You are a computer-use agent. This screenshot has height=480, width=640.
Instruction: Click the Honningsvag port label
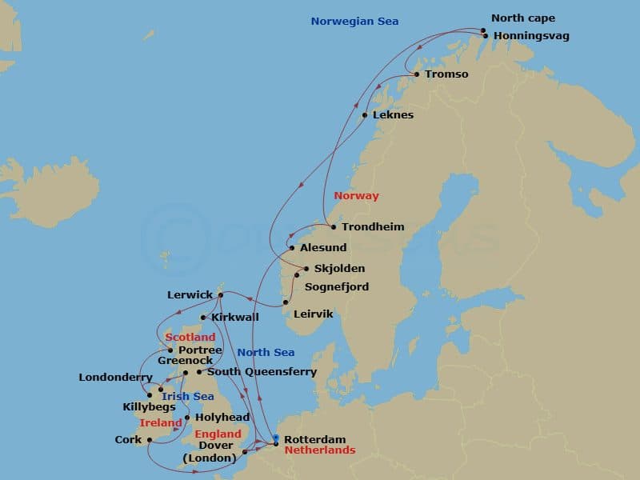click(531, 36)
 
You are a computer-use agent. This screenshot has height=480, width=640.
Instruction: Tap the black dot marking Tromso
click(416, 74)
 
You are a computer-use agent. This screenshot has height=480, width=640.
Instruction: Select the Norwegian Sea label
click(354, 22)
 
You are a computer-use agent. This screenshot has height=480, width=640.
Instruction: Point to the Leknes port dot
click(365, 115)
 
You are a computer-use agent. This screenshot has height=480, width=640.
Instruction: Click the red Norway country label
click(356, 196)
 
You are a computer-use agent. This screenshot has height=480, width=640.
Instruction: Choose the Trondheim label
click(373, 227)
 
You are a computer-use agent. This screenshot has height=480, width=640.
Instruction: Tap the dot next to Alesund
click(292, 248)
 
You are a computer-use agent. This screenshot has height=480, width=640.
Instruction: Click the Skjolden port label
click(339, 269)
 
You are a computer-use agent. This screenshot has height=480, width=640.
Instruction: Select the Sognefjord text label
click(336, 286)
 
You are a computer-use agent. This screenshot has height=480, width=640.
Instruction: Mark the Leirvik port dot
click(286, 302)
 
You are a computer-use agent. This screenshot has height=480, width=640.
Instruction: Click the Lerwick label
click(190, 295)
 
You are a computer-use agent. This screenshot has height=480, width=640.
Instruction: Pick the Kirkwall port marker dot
click(203, 318)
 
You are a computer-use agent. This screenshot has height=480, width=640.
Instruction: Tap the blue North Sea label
click(266, 353)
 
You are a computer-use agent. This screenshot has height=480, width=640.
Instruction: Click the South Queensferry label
click(262, 372)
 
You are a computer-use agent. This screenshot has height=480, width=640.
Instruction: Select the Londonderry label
click(115, 378)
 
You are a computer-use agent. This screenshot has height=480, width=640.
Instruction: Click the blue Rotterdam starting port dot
click(275, 438)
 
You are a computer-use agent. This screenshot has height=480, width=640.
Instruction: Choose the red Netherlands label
click(320, 450)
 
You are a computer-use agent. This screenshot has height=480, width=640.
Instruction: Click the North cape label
click(523, 18)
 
